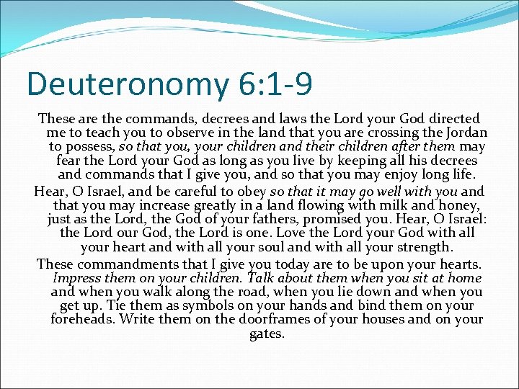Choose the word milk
point(384,205)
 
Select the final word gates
point(267,334)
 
